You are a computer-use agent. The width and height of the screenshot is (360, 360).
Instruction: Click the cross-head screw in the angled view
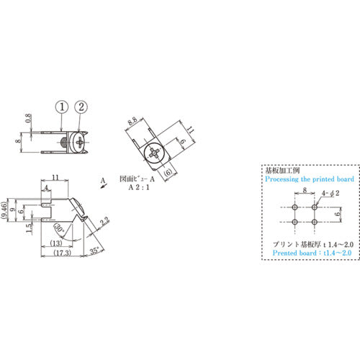click(156, 152)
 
